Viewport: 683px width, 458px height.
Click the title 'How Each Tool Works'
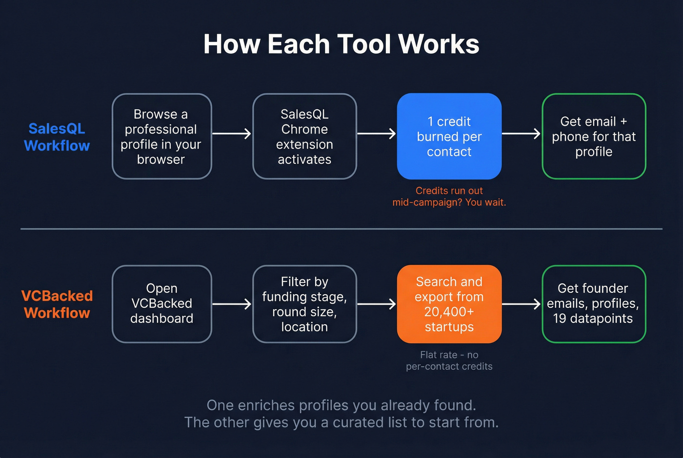pos(341,44)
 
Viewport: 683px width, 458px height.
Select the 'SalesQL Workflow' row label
pos(57,137)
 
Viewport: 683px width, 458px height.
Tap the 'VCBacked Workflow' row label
pos(57,304)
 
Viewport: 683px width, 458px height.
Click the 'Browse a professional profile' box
pos(161,137)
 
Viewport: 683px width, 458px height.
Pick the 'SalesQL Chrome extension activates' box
pos(304,137)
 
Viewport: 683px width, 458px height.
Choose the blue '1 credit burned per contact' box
pos(449,137)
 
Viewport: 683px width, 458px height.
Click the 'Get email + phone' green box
pos(594,137)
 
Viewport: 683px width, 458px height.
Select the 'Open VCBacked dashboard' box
pos(161,304)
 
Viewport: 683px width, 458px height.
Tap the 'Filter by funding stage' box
pos(304,304)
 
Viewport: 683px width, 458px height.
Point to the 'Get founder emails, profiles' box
pos(594,304)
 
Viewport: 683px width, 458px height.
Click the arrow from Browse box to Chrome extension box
pos(232,134)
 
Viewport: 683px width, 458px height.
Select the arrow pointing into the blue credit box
pos(376,134)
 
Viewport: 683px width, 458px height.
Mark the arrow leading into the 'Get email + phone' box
pos(521,134)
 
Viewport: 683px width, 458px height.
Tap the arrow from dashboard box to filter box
pos(232,304)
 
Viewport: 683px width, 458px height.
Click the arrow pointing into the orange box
pos(376,304)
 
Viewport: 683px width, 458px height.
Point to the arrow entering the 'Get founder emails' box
pos(521,304)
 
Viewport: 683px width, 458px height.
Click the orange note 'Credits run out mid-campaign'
pos(449,197)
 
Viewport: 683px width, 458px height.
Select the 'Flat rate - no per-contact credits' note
pos(449,360)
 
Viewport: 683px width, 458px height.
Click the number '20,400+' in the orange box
pos(449,312)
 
